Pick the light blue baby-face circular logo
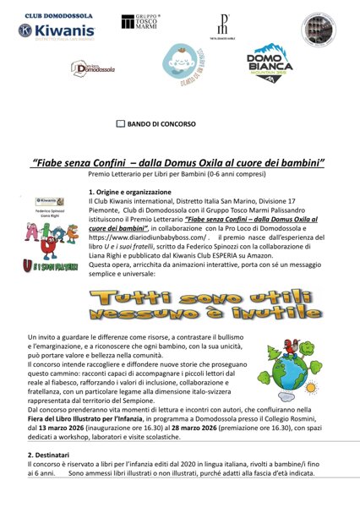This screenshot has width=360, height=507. [x=179, y=64]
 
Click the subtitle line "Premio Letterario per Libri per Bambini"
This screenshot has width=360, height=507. [x=179, y=174]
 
